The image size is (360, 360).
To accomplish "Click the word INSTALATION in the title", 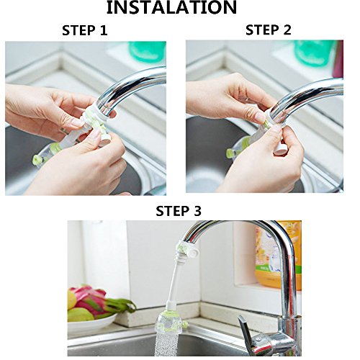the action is pos(171,7).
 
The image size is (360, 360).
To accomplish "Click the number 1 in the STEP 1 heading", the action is pos(103,30).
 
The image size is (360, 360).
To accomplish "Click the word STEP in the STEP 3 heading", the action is pos(171,211).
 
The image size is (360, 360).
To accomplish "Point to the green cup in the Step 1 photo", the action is pos(148,52).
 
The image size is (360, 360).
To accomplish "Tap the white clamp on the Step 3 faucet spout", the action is pos(188,250).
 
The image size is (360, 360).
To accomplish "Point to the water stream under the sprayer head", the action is pos(166,344).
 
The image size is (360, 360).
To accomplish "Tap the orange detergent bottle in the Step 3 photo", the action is pos(279,254).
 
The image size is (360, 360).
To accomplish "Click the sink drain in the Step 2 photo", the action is pos(204,179).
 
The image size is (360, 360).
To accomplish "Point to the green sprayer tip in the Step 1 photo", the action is pos(37,160).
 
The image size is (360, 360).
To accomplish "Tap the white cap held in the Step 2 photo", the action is pos(280,150).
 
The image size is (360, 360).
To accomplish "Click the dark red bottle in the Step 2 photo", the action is pos(338,59).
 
